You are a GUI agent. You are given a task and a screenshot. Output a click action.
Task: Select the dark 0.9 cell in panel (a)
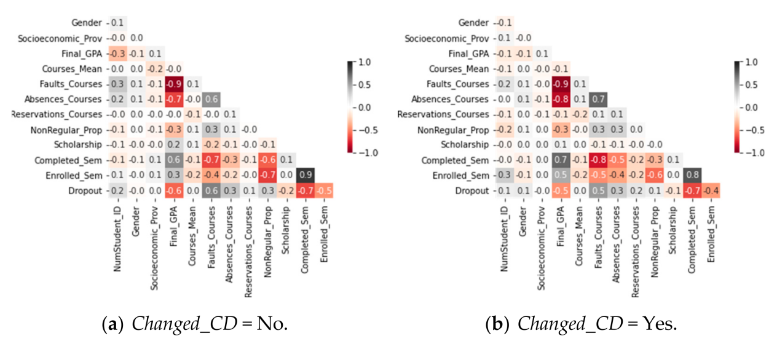click(304, 175)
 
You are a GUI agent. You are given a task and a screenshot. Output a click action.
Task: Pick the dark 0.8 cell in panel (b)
click(693, 175)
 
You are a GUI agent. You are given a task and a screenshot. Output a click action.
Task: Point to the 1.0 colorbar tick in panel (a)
click(361, 62)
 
